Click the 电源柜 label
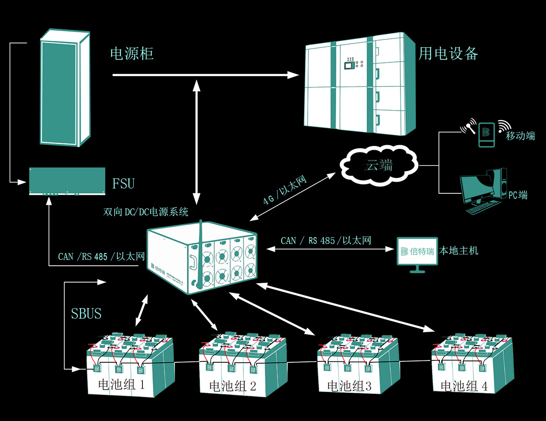132,54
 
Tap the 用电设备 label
448,54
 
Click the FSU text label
123,184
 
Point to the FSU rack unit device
67,181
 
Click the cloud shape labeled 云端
379,165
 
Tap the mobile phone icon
486,134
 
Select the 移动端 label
521,135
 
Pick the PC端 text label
518,195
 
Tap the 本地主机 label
459,251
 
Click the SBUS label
86,314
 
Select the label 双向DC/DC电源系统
146,212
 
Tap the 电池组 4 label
464,386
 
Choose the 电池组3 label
349,386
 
